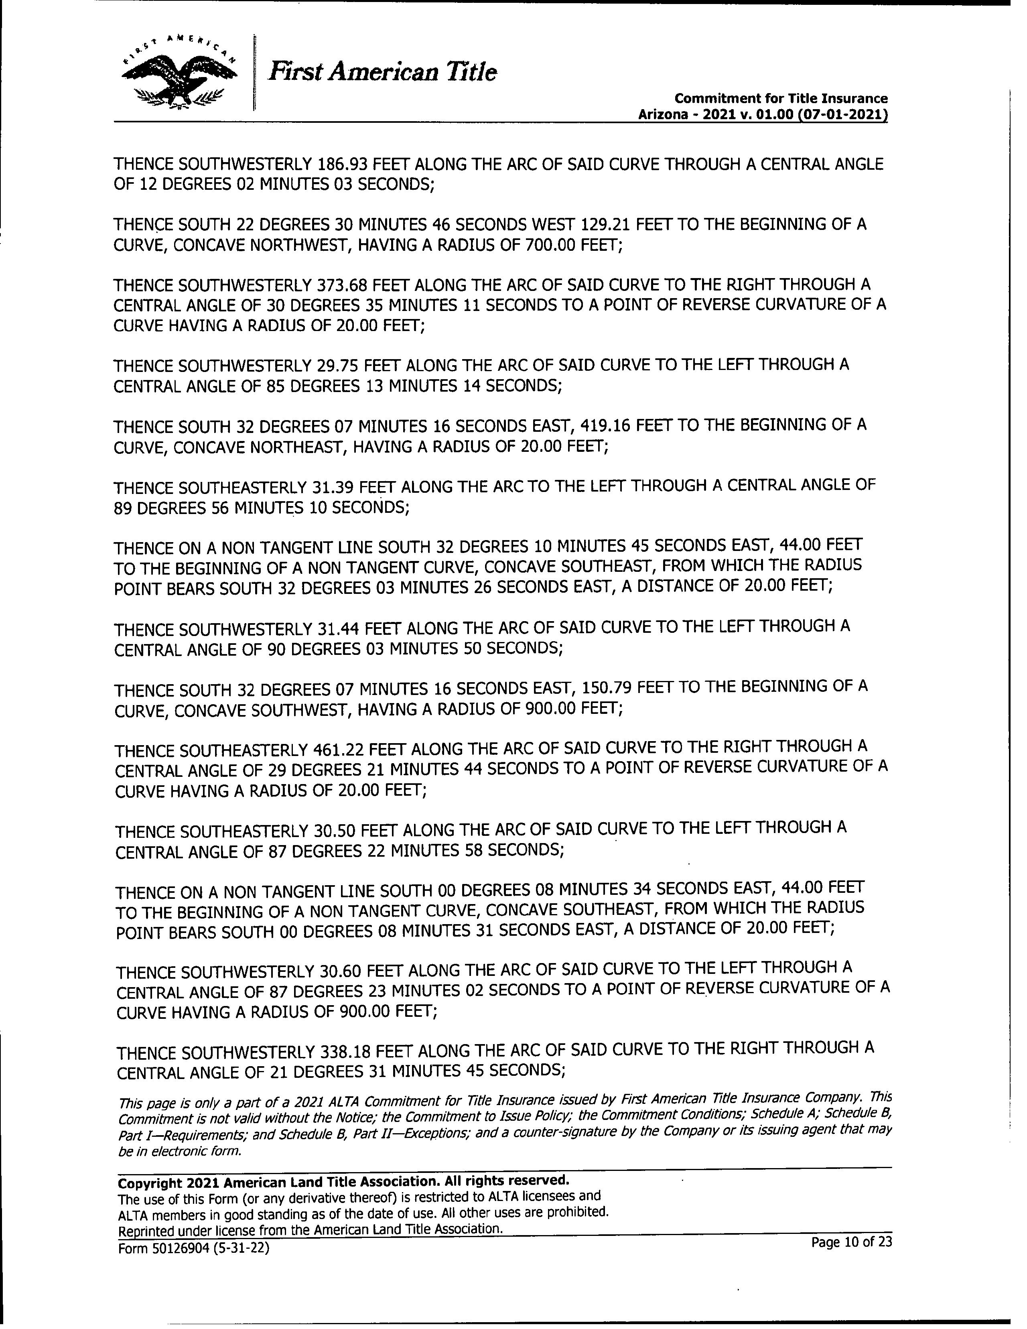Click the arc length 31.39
click(332, 487)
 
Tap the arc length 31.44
click(338, 627)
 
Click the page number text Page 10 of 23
click(851, 1241)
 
